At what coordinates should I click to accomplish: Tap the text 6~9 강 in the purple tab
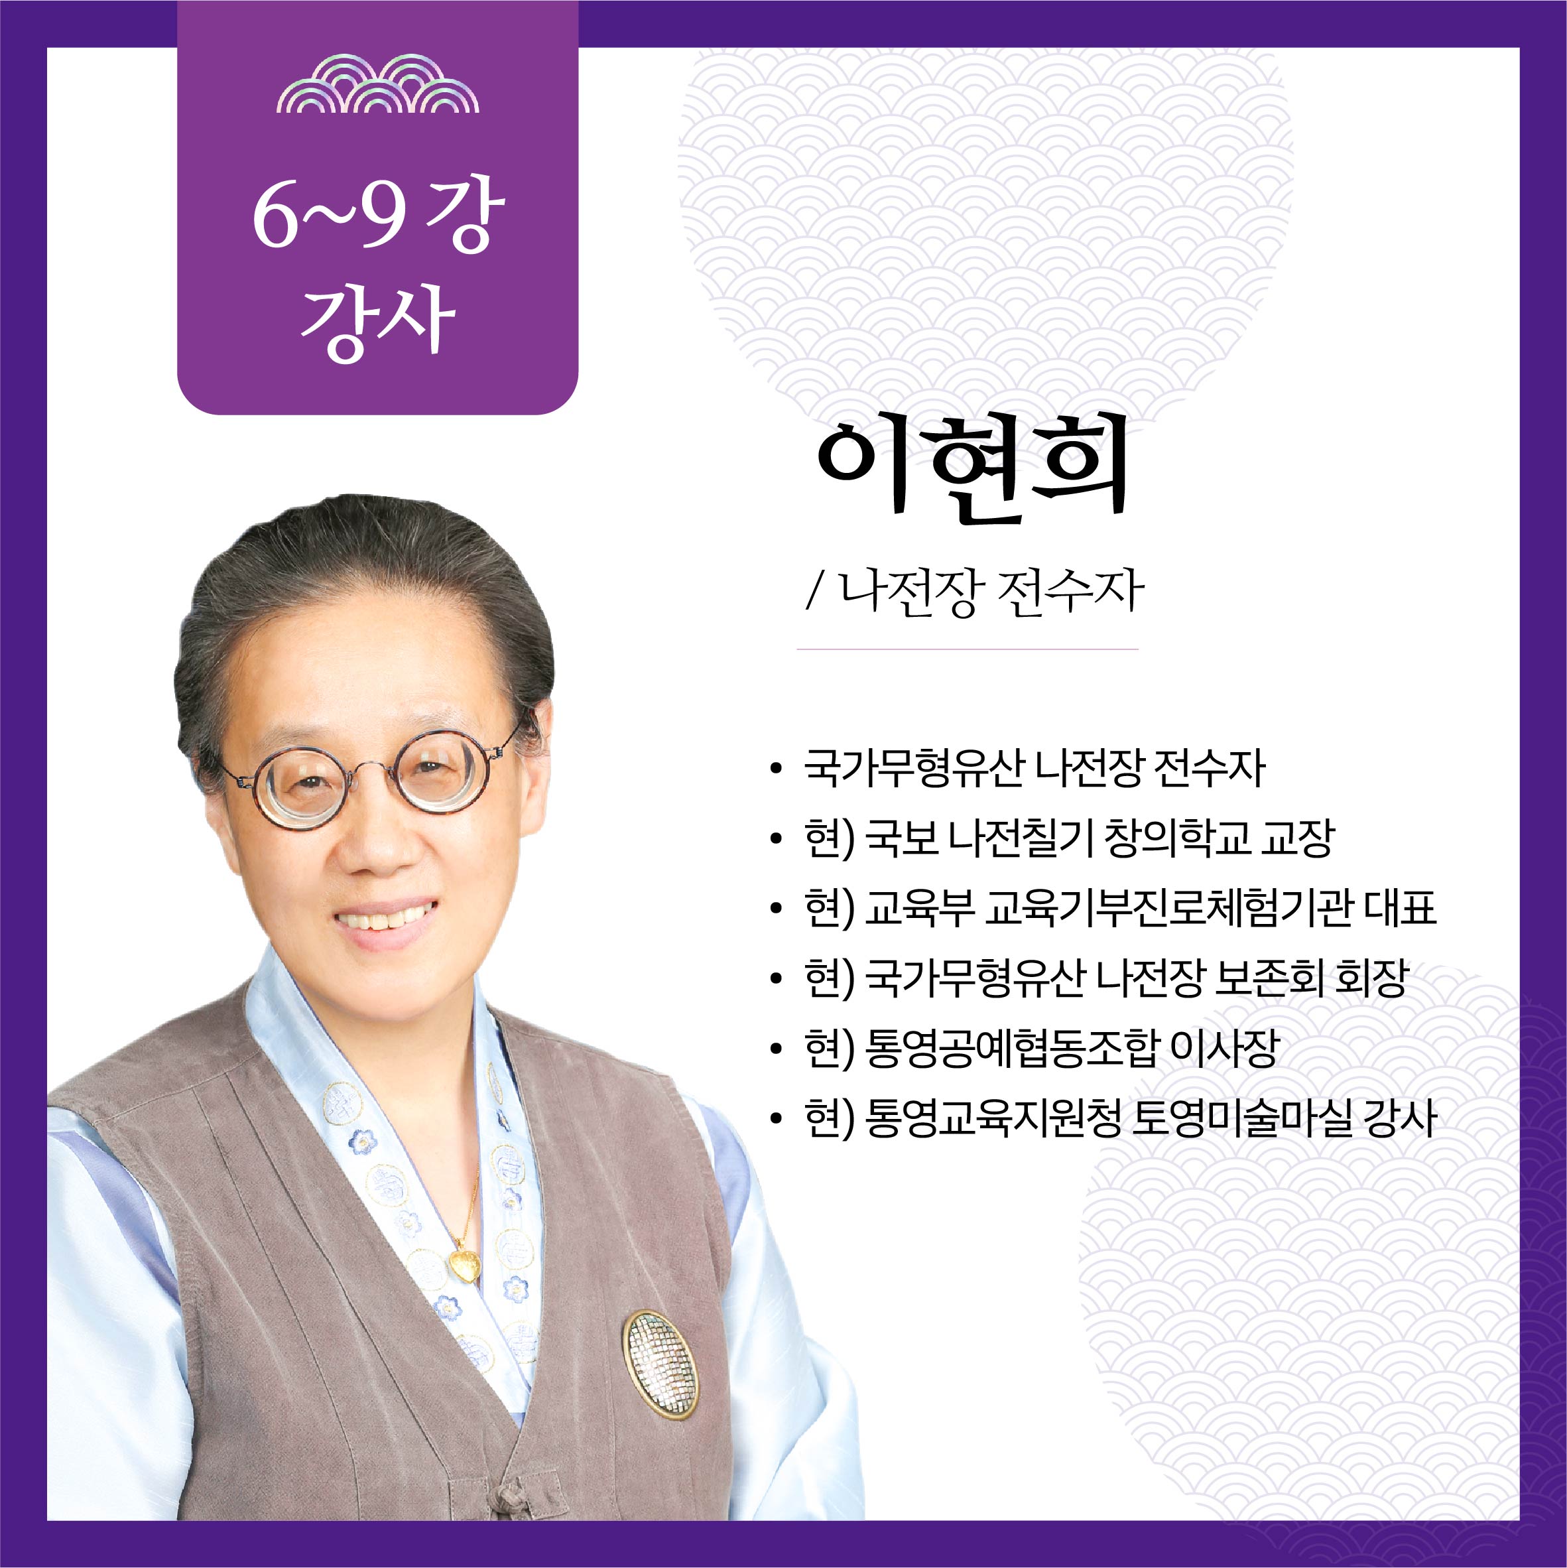point(377,214)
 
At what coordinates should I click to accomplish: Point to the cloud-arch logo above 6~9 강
point(377,84)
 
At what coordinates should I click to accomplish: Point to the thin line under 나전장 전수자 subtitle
point(968,649)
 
